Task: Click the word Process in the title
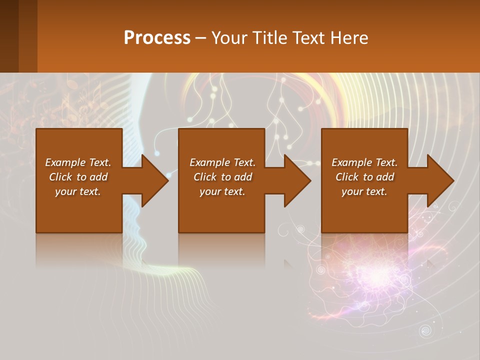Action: point(157,37)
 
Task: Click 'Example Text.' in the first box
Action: point(78,162)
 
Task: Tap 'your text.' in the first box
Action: point(78,191)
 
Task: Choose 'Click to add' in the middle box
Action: point(222,177)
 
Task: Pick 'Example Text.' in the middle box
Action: point(222,162)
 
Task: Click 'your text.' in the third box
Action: point(364,191)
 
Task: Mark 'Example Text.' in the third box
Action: point(364,162)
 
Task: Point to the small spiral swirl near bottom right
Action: point(426,330)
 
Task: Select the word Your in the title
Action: point(229,37)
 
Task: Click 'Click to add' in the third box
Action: point(364,177)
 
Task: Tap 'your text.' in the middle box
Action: point(222,191)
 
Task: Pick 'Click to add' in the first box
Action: point(78,177)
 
